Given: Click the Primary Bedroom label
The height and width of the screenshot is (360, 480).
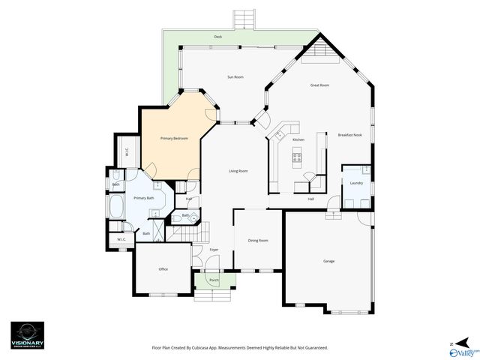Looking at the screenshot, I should tap(174, 139).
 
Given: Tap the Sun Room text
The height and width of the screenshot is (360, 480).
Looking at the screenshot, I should tap(235, 77).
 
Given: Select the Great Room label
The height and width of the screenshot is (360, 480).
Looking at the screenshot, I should tap(320, 85).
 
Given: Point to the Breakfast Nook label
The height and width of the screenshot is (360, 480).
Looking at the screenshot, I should tap(350, 134).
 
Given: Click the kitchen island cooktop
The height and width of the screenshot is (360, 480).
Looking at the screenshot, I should tap(297, 157).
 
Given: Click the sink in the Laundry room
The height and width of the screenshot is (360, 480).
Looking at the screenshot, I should tap(365, 170).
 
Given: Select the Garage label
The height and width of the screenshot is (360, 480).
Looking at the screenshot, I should tap(328, 261).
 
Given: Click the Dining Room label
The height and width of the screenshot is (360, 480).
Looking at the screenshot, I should tap(258, 240).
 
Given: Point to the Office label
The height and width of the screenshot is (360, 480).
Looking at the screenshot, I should tap(163, 268).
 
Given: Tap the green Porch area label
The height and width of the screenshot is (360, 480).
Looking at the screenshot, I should tap(214, 280).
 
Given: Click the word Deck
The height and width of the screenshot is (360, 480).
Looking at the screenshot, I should tap(217, 36).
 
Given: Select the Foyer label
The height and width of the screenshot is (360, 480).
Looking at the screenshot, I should tap(214, 249).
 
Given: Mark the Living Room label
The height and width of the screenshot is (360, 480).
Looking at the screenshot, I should tap(238, 171).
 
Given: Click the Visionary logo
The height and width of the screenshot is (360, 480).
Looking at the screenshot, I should tap(27, 334).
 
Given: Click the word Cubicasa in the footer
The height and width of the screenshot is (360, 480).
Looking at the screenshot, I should tap(205, 348).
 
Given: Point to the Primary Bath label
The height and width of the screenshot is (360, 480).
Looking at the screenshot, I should tap(143, 198).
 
